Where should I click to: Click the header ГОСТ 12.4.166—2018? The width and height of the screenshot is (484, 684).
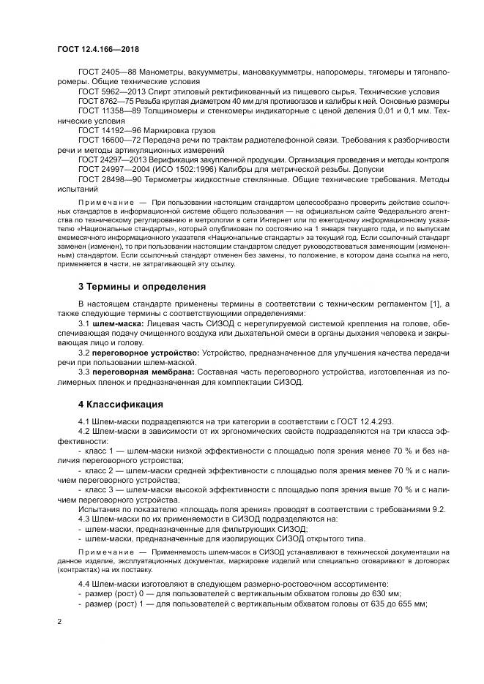[x=97, y=50]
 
